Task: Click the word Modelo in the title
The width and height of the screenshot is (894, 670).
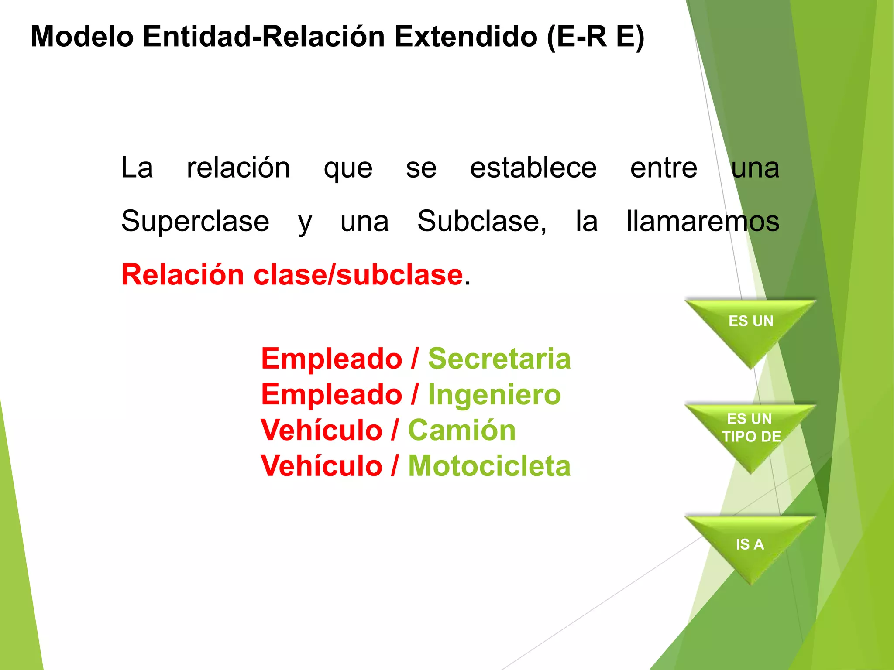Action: pos(82,37)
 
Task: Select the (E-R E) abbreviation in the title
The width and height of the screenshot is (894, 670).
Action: pos(595,37)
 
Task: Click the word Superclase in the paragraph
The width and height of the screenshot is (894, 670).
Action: pos(195,221)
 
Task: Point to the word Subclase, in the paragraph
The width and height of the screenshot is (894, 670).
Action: pos(481,221)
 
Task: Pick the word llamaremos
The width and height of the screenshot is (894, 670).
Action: pos(702,221)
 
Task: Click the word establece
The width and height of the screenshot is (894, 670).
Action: pos(533,168)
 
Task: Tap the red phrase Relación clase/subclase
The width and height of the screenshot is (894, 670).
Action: pos(292,275)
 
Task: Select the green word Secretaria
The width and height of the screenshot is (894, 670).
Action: pos(499,359)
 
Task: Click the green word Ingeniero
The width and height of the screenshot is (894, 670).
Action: pos(494,394)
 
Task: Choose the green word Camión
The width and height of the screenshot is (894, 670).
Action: pos(462,430)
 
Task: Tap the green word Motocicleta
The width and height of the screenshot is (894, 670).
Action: pos(489,466)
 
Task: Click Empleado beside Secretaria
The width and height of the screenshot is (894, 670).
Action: pos(331,359)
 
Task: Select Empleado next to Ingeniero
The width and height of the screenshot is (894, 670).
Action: pos(331,394)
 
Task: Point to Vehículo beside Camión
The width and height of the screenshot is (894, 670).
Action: pos(321,430)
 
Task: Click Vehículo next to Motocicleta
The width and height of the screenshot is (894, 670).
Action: pos(321,466)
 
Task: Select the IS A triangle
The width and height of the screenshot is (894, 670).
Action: pos(750,544)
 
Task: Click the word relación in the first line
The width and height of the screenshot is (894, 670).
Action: pos(238,168)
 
